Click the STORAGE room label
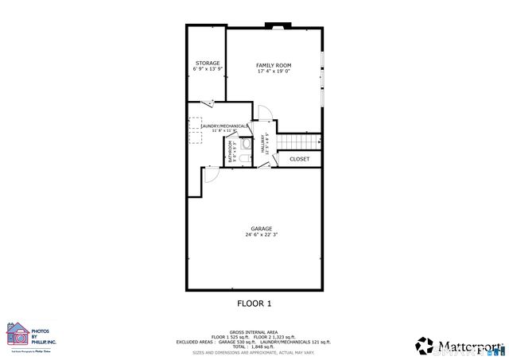208,63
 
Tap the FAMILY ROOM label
274,64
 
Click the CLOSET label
299,159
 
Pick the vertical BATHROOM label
231,151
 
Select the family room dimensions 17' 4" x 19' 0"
274,72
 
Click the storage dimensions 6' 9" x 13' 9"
208,70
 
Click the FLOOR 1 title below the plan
254,303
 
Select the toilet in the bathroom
247,160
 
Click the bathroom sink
245,145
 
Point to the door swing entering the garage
209,174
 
